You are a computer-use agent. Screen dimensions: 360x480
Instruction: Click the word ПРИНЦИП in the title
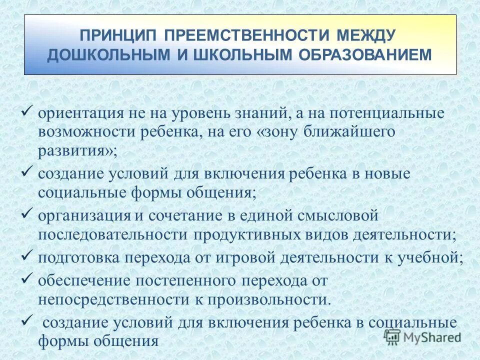tap(117, 35)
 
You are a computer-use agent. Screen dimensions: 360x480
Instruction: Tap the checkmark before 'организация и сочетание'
tap(28, 214)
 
